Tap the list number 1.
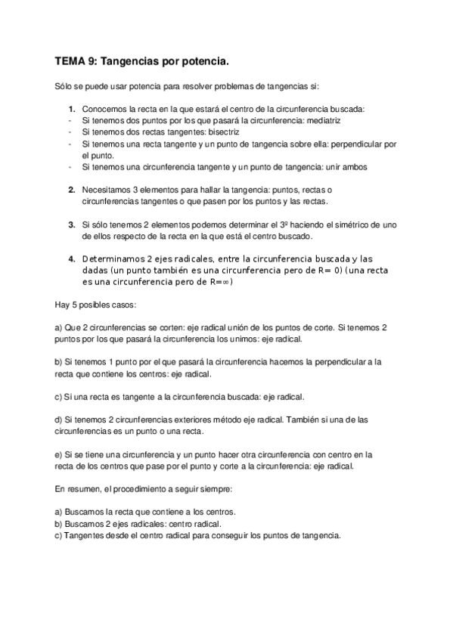(x=72, y=110)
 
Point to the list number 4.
(x=72, y=258)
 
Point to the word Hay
(x=63, y=305)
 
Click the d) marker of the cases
(x=60, y=420)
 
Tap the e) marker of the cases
(x=60, y=455)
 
